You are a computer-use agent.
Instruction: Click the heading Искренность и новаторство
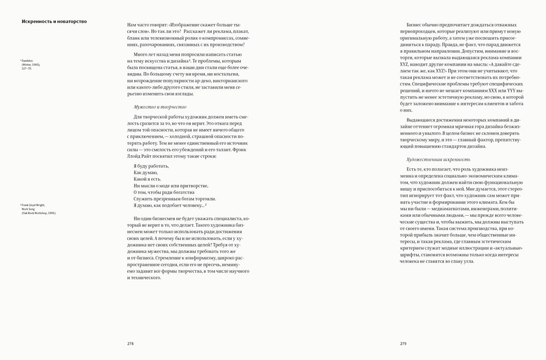[54, 22]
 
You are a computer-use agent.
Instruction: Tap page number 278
[130, 344]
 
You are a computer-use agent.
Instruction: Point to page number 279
[403, 344]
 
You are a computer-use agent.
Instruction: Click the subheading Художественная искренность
[438, 160]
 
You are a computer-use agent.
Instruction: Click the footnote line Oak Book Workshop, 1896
[39, 213]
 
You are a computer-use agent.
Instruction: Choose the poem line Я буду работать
[151, 166]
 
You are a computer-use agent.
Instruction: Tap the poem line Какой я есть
[147, 179]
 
